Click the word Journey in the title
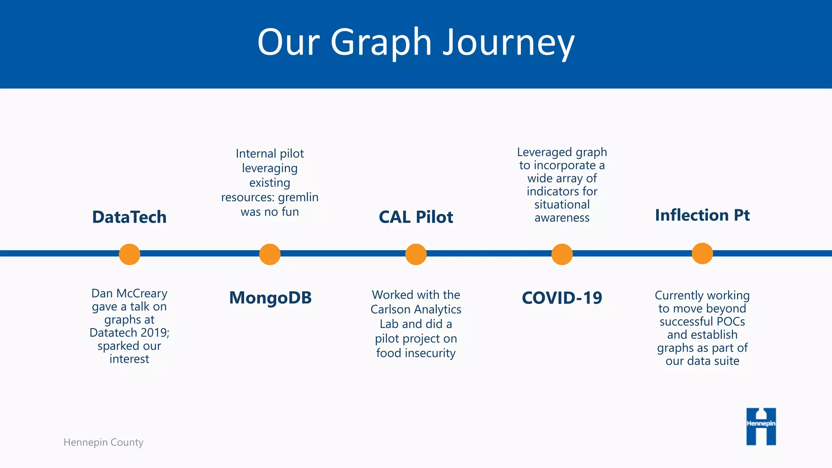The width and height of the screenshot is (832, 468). coord(508,42)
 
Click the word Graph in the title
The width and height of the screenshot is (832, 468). coord(381,42)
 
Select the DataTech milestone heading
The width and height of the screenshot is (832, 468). coord(129,217)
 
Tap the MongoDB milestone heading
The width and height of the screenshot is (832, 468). coord(270,298)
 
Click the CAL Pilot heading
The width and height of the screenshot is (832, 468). coord(416,217)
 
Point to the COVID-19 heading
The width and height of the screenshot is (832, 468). coord(562,298)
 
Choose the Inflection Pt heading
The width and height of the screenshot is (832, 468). coord(702,215)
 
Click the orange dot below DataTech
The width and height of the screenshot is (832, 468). coord(130,254)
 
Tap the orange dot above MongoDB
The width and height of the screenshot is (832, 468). coord(270,254)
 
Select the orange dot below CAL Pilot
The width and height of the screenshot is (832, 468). coord(416,254)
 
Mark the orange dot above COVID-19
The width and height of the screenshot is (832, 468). coord(562,254)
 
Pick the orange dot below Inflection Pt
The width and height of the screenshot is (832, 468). coord(702,253)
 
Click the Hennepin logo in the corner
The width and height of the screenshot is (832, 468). coord(761,426)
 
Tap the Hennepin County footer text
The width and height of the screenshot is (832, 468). coord(103,442)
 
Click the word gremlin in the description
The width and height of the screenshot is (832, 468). coord(298,197)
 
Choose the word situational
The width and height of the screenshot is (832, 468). coord(562,204)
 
